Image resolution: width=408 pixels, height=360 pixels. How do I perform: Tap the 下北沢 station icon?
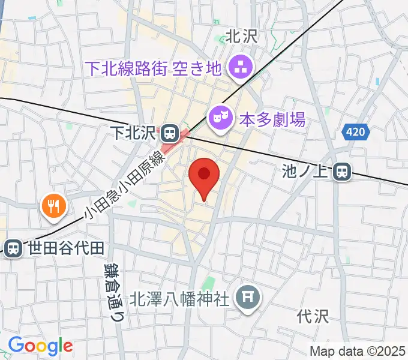click(169, 131)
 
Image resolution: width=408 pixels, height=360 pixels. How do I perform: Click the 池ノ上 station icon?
click(342, 172)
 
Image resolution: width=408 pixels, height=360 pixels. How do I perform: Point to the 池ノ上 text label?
click(307, 172)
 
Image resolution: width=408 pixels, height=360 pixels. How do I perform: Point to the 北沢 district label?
click(241, 37)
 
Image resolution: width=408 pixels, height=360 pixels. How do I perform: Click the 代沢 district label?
click(313, 316)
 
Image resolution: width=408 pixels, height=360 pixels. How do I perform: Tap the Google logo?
click(40, 346)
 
